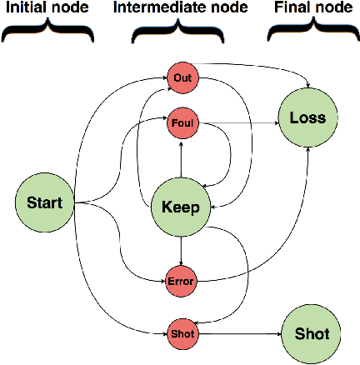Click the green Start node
point(43,202)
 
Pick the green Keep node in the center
point(180,207)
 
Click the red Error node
point(180,280)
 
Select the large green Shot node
point(312,333)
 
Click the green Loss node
point(307,118)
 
